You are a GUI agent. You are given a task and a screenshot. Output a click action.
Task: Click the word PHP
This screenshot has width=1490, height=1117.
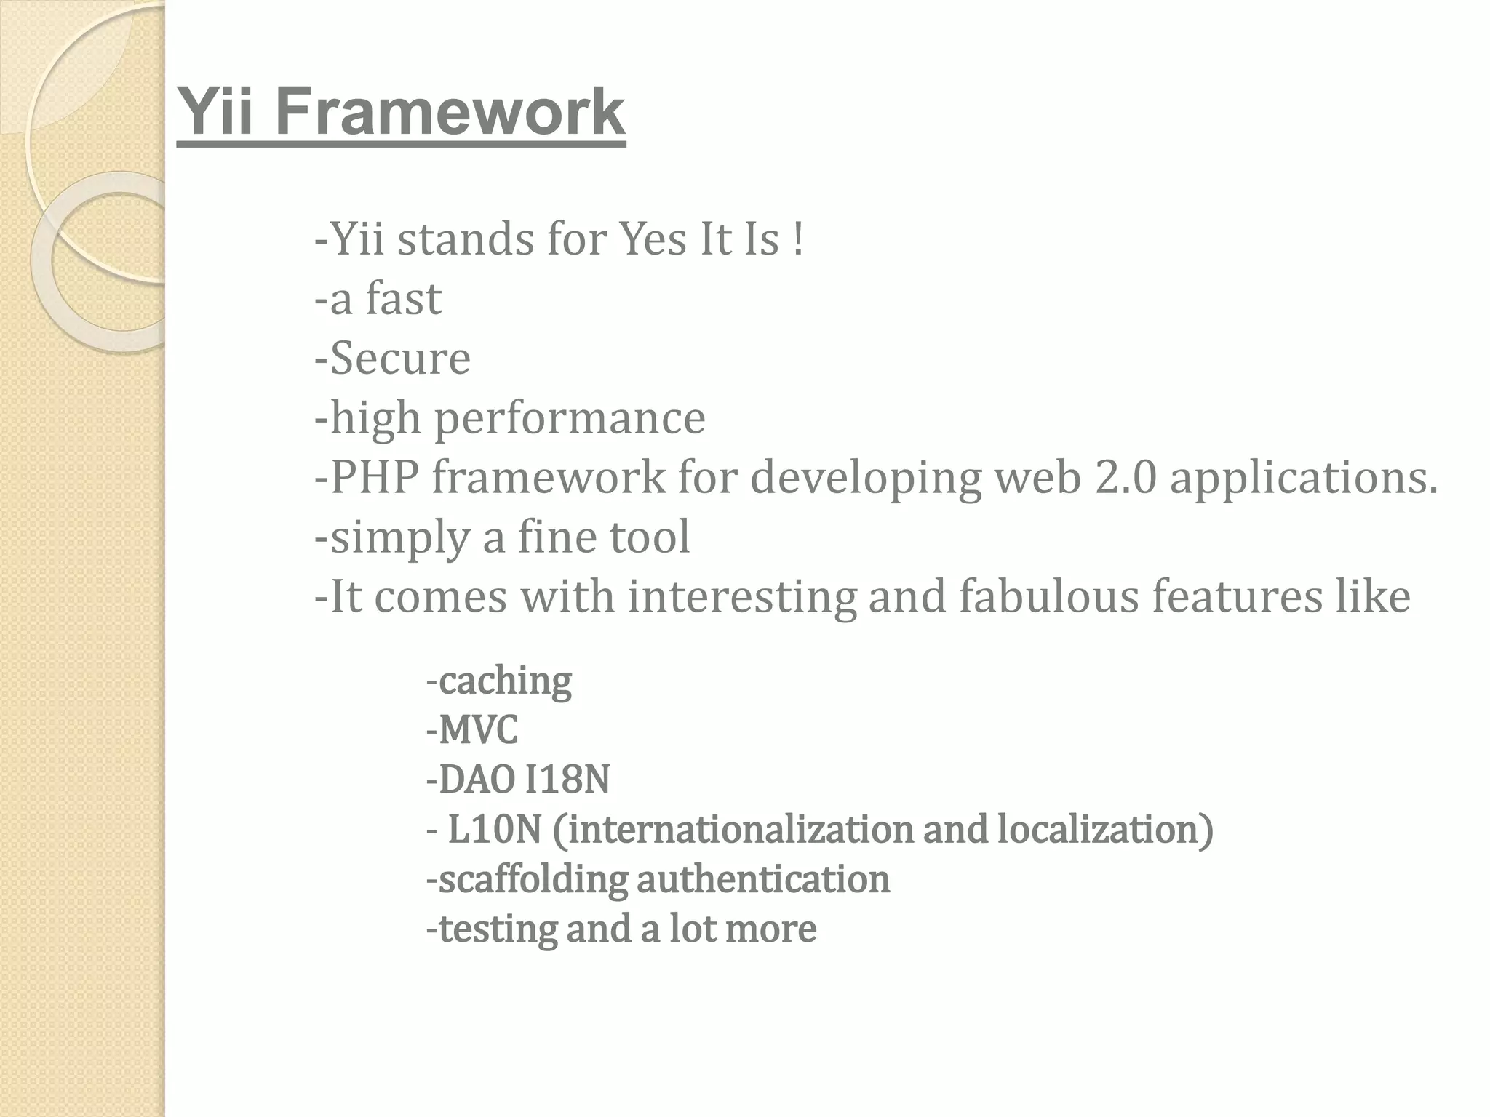375,478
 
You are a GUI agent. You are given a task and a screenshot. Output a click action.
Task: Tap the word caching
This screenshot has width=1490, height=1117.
505,682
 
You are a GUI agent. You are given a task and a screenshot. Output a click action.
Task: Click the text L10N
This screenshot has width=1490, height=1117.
494,829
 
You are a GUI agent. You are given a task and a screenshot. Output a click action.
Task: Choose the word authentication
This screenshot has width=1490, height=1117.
763,879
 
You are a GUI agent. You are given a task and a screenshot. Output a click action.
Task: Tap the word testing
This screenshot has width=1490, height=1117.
498,929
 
